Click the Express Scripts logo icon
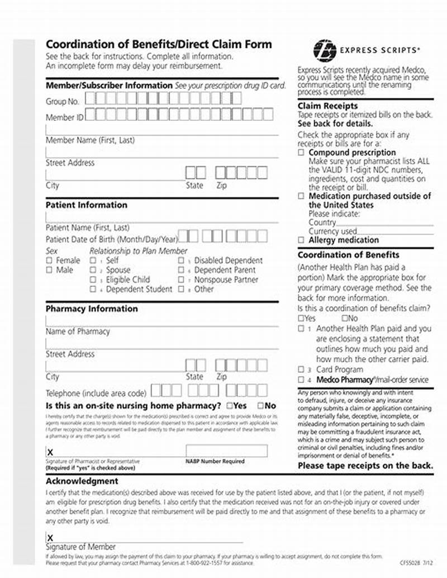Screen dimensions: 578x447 coord(325,49)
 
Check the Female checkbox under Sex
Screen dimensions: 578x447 coord(49,260)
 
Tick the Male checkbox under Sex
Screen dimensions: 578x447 coord(49,270)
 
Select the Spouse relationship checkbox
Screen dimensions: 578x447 coord(93,270)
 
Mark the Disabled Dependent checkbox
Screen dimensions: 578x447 coord(181,260)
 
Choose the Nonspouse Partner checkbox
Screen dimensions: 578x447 coord(181,279)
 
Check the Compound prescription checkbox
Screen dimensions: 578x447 coord(301,152)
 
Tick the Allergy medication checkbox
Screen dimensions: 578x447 coord(301,240)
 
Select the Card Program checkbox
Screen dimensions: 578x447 coord(301,369)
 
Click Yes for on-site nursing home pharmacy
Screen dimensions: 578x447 coord(230,405)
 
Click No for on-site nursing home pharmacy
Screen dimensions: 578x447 coord(261,405)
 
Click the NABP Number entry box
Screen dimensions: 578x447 coord(226,451)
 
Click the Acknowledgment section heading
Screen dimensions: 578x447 coord(82,481)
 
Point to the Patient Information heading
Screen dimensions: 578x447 coord(86,205)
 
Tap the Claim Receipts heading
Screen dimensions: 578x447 coord(327,106)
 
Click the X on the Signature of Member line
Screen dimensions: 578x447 coord(50,537)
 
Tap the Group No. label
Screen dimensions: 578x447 coord(62,101)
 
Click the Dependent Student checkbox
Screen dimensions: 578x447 coord(93,289)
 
